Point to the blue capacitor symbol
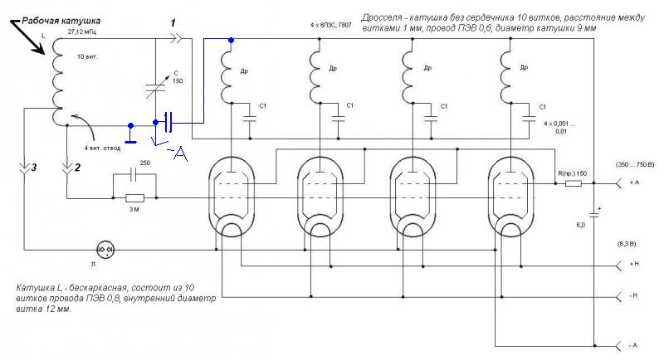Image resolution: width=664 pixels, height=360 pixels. (x=169, y=123)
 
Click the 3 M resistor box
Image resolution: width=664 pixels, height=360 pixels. (x=134, y=198)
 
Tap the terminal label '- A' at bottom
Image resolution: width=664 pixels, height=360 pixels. (x=635, y=345)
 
